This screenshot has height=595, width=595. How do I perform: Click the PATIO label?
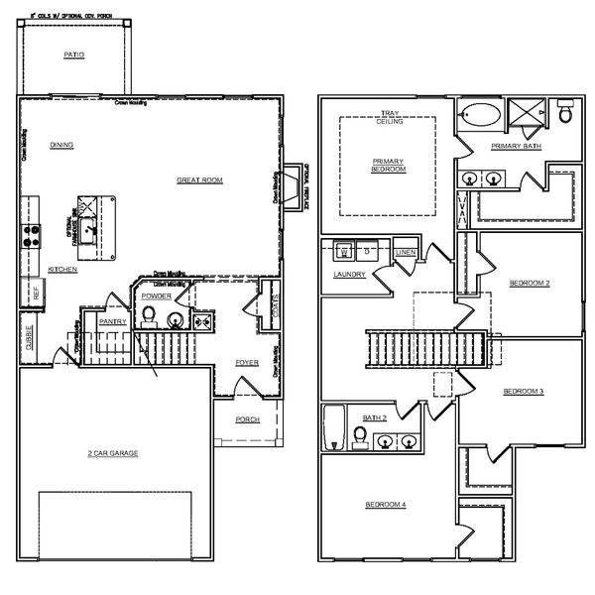[73, 56]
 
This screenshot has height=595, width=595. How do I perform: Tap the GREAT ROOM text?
[199, 180]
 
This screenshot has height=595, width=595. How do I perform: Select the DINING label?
[62, 145]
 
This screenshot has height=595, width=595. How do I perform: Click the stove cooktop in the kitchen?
[31, 236]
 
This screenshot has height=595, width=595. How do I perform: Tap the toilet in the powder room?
[149, 315]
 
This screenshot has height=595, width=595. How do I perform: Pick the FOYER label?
[247, 362]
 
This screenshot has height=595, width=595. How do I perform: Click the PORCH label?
[247, 419]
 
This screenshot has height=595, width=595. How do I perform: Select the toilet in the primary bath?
[565, 114]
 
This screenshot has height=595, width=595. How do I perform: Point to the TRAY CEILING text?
[389, 118]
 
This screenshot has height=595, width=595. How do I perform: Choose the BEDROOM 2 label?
[529, 283]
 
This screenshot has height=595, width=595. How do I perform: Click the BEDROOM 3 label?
[523, 392]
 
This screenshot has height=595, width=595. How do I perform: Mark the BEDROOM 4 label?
[385, 505]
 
